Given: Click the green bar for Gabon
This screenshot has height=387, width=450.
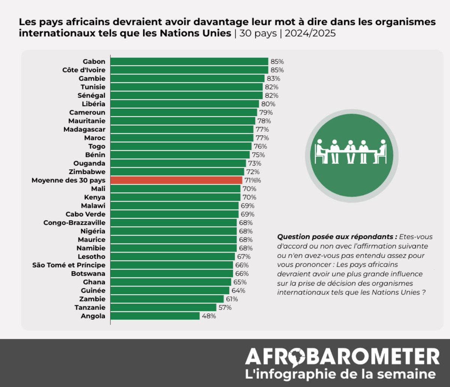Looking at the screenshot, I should coord(189,62).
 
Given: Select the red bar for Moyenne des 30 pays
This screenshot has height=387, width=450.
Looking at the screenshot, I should coord(176,180).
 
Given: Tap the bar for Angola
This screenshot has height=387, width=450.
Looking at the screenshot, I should coord(155,316).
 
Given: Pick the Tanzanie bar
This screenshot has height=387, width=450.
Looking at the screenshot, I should coord(163,307).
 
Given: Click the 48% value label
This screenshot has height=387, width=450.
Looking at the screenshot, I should coord(209,316).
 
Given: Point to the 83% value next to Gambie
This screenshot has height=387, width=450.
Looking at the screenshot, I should coord(273,78).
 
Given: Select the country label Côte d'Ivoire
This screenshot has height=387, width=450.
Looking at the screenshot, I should coord(84,70).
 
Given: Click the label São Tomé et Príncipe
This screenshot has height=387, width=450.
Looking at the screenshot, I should coord(69,265).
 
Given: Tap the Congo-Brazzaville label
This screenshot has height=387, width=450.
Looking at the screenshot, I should coord(74,223).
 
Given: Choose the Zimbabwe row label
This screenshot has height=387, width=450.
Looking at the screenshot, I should coord(87,172).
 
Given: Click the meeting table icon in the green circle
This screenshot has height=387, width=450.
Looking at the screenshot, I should coord(351,152).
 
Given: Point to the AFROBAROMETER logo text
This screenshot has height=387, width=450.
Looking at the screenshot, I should coord(342,356).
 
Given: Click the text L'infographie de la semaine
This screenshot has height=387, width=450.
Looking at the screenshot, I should coord(340,374).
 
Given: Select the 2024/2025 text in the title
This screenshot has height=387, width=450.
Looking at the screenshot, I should coord(310,33).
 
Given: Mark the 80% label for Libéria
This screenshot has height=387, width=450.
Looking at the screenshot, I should coord(268,104).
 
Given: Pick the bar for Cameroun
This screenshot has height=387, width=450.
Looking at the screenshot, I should coord(184,112).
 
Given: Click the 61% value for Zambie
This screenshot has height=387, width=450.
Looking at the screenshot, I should coord(231,299).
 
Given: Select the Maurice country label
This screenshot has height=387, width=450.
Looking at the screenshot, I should coord(91,239).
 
